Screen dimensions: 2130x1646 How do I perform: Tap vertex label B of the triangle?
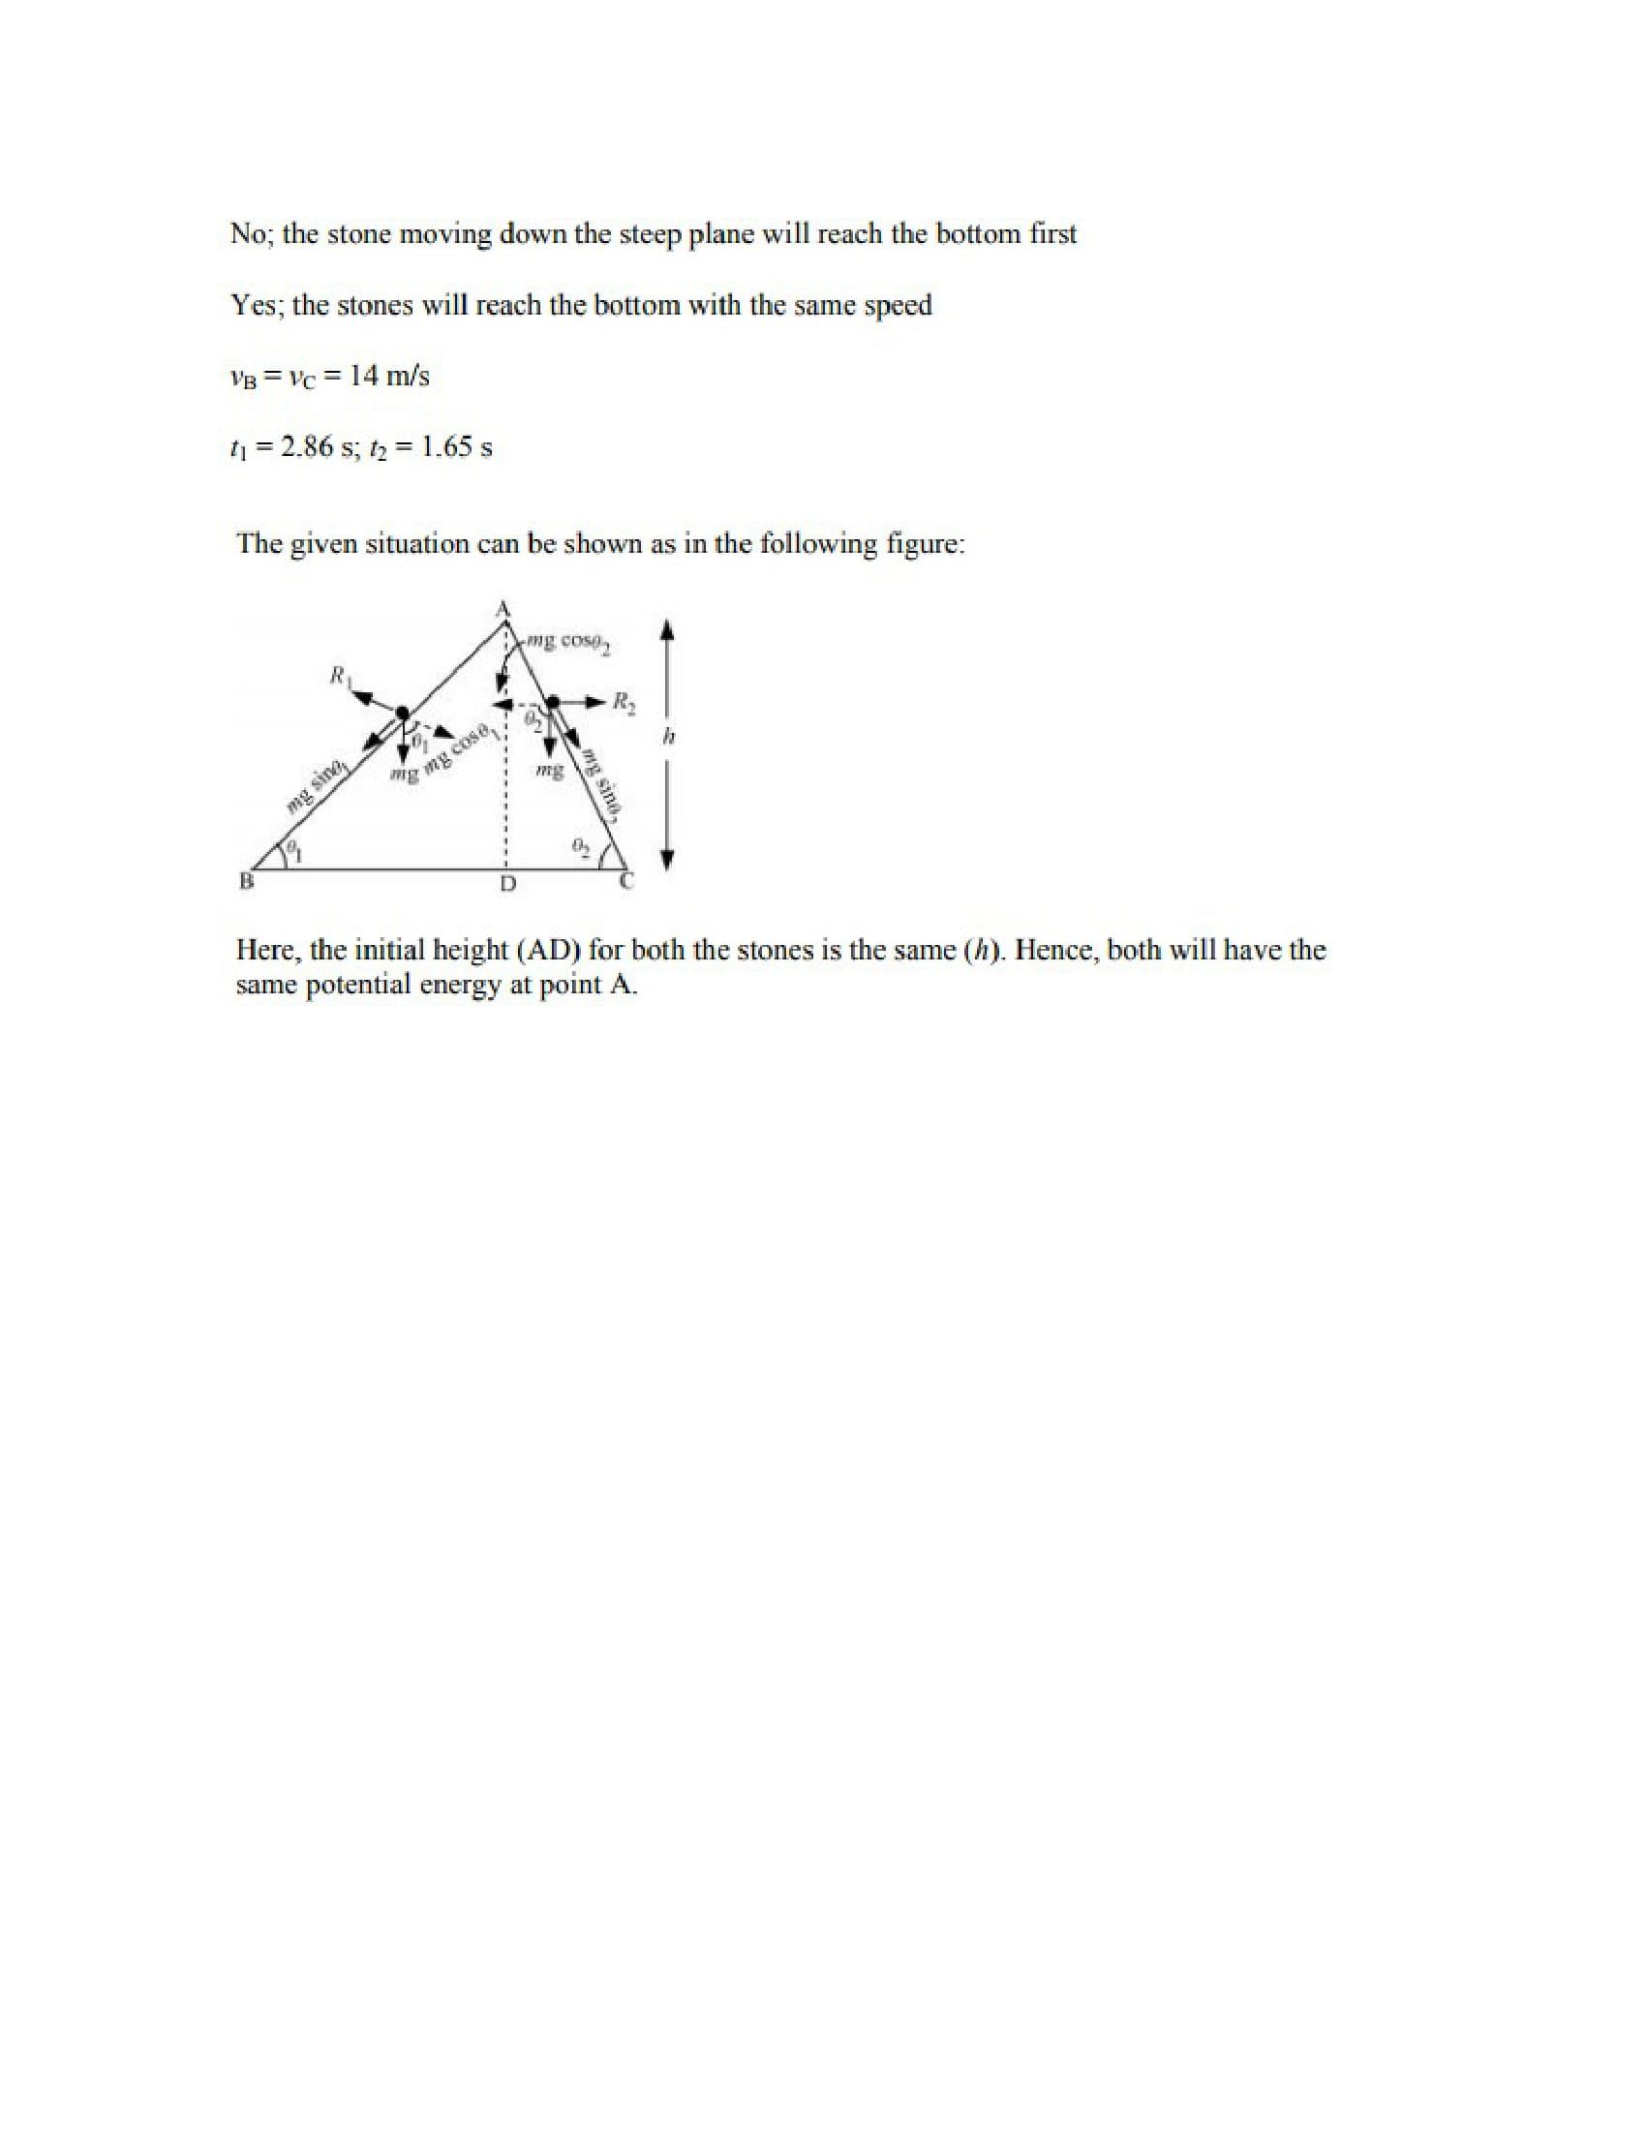(247, 881)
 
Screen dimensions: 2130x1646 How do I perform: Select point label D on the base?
(507, 885)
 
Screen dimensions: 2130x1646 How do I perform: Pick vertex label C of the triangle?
(627, 882)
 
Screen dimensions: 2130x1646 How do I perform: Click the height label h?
(668, 739)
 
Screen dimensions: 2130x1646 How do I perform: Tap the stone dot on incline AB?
(402, 713)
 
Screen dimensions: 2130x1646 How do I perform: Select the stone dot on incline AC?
(551, 701)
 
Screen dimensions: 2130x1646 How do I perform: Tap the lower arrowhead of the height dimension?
(668, 859)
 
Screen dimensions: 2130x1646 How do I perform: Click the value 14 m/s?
(389, 376)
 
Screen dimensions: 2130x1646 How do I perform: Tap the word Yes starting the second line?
(255, 305)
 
